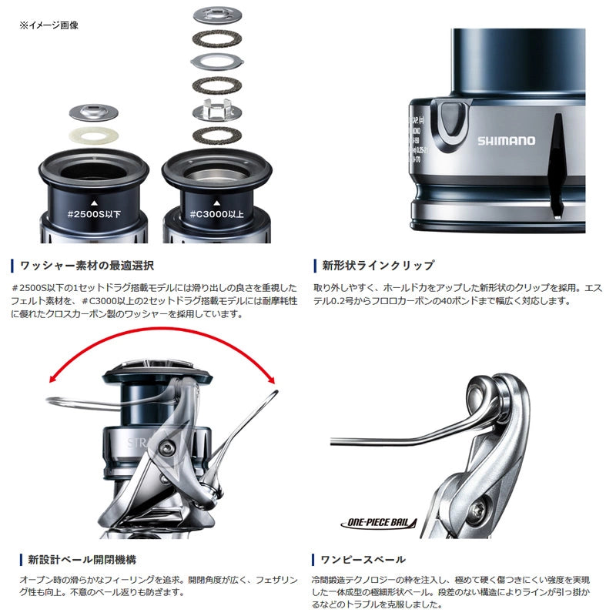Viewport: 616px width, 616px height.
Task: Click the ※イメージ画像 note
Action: coord(49,25)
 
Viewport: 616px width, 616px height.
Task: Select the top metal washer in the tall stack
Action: coord(216,13)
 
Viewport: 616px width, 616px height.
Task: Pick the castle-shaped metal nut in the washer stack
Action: coord(216,112)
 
